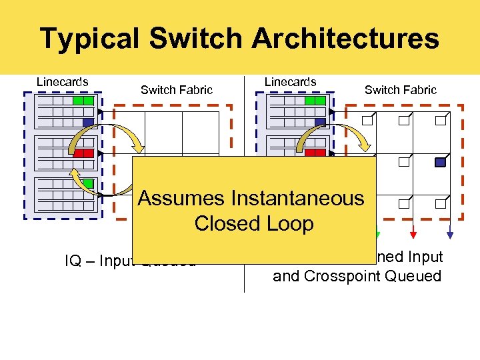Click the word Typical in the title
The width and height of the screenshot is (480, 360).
coord(90,39)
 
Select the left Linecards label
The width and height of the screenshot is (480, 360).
coord(63,82)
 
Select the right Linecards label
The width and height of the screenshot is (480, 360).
coord(291,82)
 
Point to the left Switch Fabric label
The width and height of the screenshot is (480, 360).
coord(177,90)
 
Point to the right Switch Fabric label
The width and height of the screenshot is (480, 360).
coord(401,90)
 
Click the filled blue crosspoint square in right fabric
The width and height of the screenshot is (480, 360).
coord(439,162)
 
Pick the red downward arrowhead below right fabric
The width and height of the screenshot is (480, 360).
coord(414,234)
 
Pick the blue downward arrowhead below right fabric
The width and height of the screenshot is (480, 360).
coord(450,234)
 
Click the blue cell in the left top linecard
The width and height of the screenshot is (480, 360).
coord(88,122)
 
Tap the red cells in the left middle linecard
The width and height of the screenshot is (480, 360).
coord(83,153)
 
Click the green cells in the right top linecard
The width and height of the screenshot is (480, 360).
coord(315,101)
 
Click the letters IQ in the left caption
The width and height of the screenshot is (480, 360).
coord(73,261)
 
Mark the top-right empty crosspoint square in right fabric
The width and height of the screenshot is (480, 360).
coord(439,121)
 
